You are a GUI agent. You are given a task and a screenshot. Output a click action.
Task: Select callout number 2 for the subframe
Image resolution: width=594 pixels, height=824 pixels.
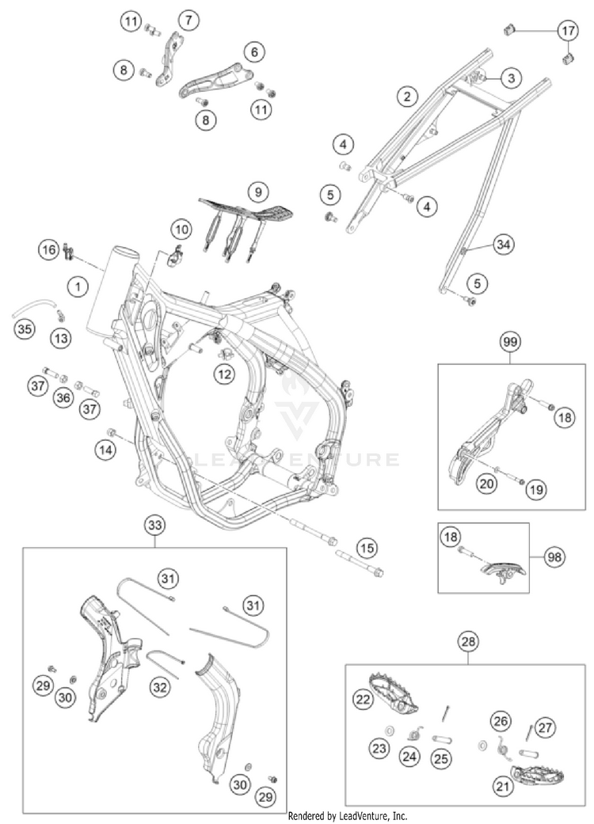(406, 97)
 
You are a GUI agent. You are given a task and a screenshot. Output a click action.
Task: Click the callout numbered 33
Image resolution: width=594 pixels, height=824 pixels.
(154, 524)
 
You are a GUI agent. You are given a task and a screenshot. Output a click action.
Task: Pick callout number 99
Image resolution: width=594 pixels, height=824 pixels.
(510, 342)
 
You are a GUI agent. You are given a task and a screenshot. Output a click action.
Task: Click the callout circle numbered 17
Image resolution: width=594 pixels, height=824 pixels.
(567, 32)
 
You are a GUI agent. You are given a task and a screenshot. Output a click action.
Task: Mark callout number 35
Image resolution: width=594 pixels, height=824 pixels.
(24, 327)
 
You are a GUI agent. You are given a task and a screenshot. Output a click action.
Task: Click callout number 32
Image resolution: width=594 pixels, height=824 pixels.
(160, 688)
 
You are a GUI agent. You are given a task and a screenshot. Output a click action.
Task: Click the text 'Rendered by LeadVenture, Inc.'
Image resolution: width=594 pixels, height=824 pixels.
(348, 815)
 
